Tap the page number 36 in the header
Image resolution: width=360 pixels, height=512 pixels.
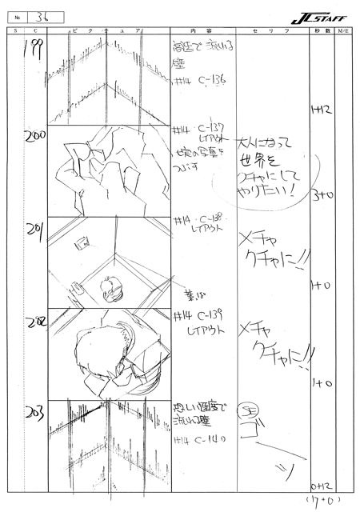click(42, 15)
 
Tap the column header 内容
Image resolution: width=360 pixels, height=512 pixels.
click(199, 30)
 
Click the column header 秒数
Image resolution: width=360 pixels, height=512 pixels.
click(322, 30)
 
